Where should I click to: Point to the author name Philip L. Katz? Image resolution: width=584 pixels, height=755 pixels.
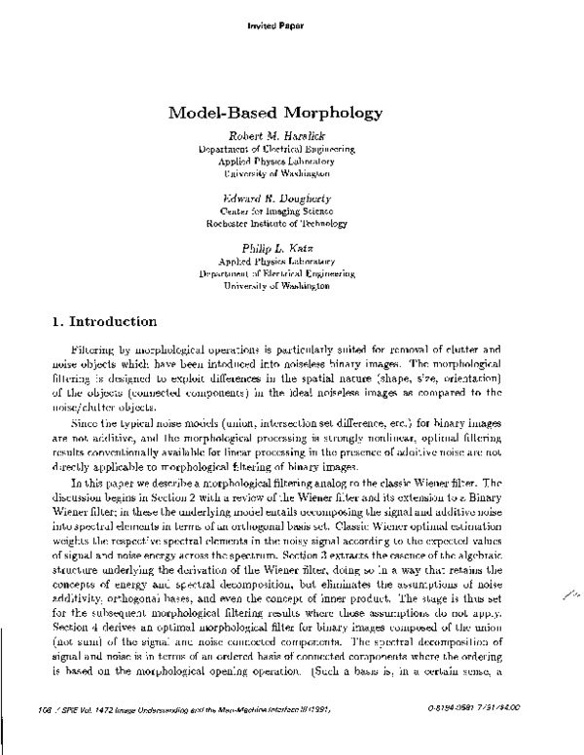point(290,248)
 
